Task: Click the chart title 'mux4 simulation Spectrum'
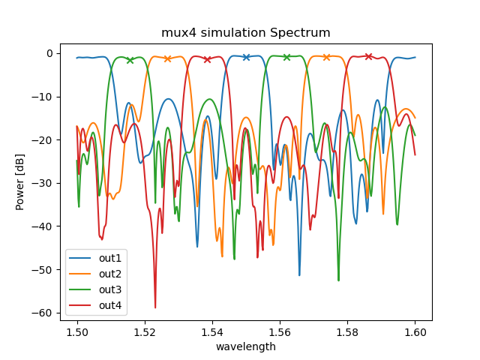246,32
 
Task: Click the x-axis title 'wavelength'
246,346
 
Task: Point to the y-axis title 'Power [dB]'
20,182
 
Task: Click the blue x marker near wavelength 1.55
246,57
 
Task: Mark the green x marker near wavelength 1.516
130,60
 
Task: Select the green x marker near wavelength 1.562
286,57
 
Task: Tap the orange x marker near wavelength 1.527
167,58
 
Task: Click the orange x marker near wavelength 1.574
326,57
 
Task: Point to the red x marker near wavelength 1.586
368,56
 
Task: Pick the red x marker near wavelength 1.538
207,59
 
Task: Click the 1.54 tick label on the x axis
212,331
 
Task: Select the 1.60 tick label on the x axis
415,331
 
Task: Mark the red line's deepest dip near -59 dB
155,307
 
